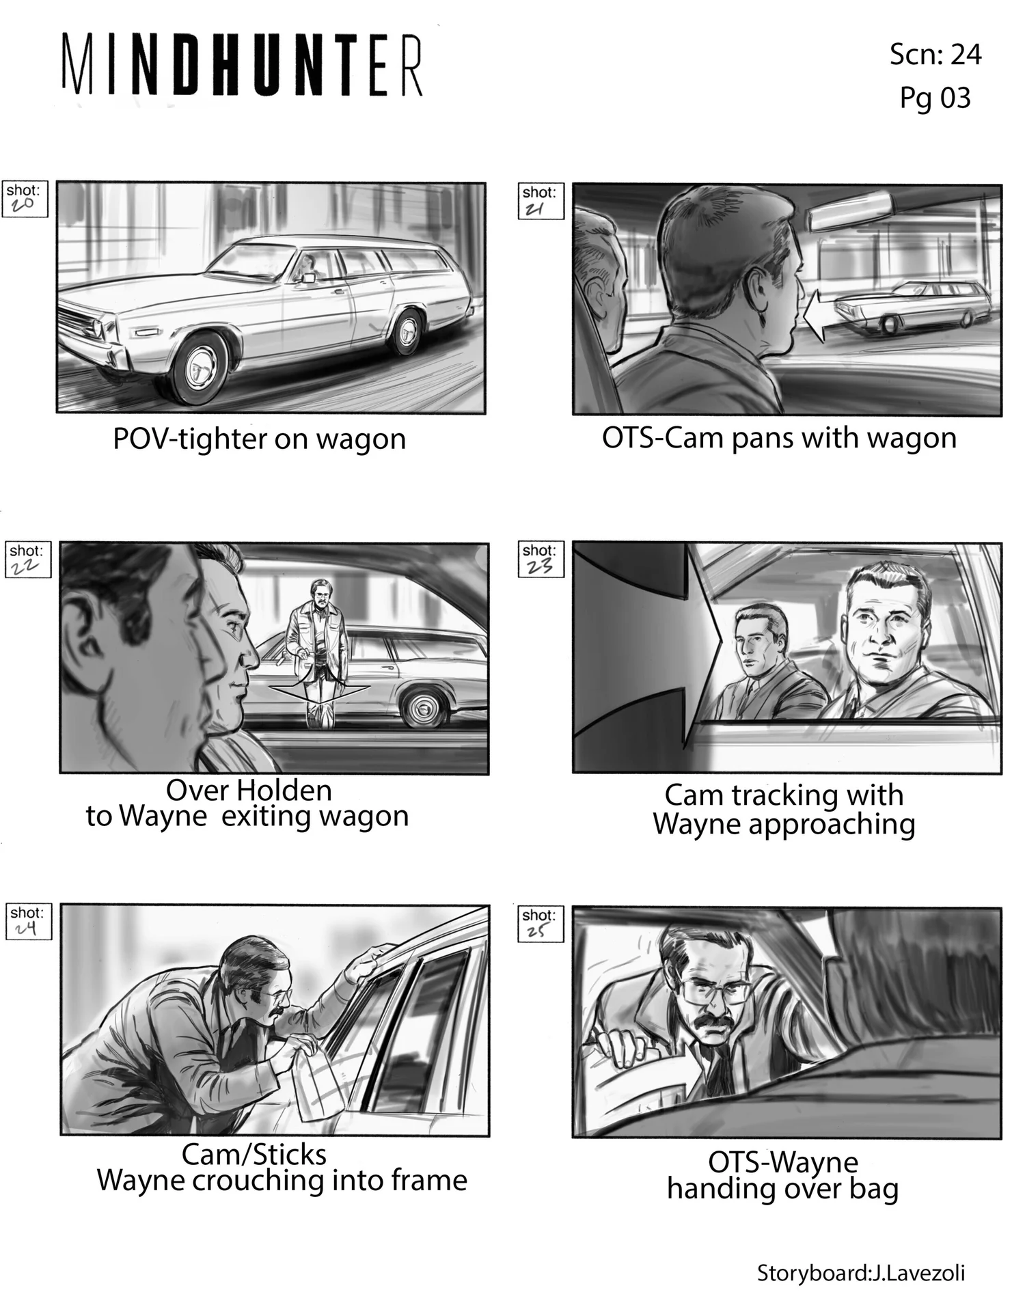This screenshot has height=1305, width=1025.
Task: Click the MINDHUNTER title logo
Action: [x=243, y=65]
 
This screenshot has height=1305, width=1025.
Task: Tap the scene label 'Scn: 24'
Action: [x=935, y=54]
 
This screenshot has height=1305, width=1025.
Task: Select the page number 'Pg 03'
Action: [x=935, y=98]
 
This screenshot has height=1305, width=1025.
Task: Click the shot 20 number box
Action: [x=25, y=199]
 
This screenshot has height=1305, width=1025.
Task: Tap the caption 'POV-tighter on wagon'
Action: [x=259, y=439]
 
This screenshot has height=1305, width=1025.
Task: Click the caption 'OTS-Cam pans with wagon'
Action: [x=779, y=438]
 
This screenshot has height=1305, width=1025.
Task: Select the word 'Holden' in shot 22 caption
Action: [x=279, y=790]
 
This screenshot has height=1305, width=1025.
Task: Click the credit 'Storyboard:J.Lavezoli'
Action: [x=861, y=1273]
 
